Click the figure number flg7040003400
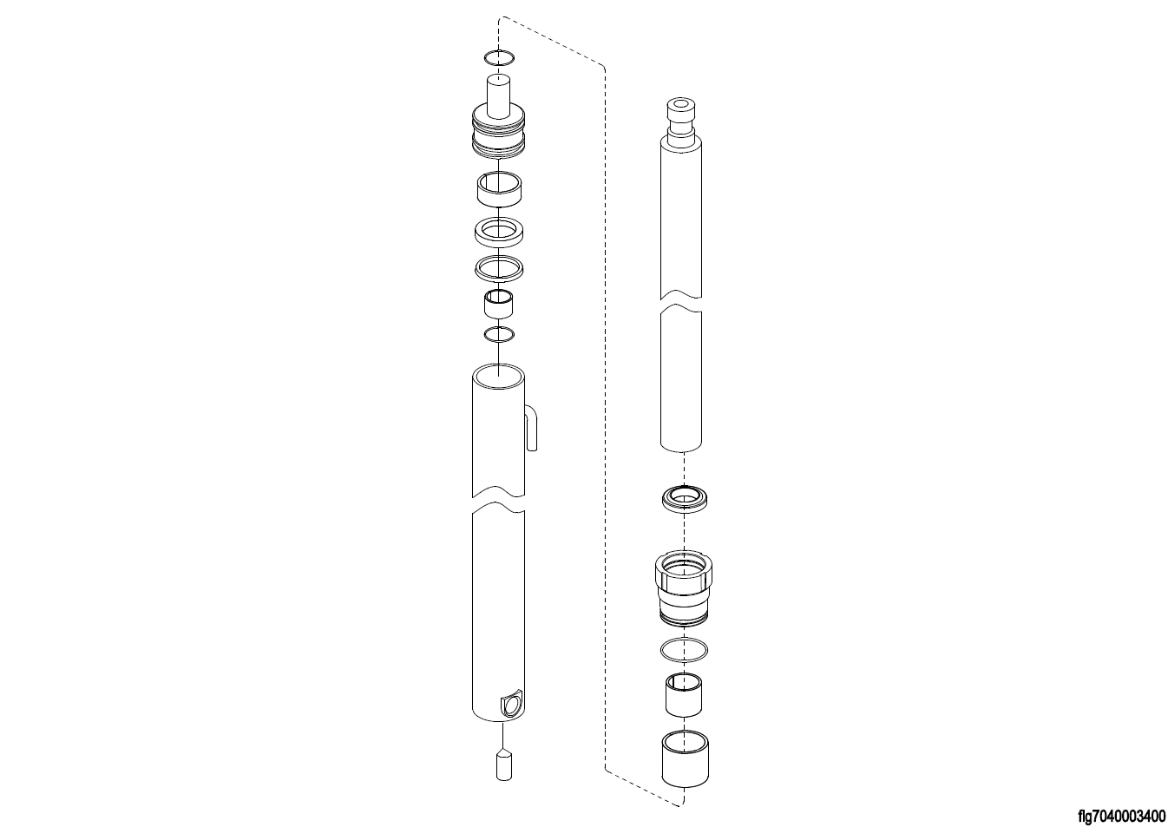(1121, 816)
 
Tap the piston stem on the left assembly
(498, 95)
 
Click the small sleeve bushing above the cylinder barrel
(498, 304)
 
